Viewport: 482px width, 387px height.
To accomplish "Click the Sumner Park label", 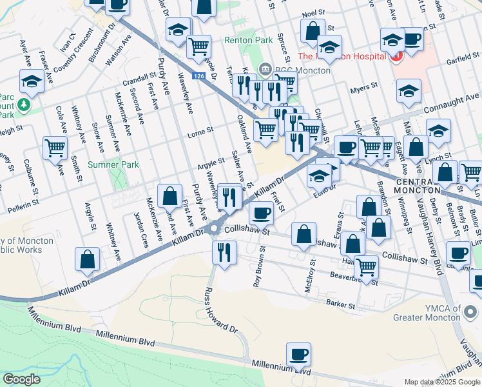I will (113, 165).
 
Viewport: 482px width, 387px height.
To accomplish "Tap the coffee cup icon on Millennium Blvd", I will (298, 355).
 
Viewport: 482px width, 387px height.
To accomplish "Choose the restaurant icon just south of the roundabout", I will (224, 252).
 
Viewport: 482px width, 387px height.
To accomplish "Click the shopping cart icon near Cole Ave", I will (55, 148).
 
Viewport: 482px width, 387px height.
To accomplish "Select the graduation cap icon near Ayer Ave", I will (30, 82).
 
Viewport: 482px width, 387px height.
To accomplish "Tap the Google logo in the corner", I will (22, 379).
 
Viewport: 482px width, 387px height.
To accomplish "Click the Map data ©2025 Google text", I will (442, 382).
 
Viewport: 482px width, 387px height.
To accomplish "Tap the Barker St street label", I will (341, 304).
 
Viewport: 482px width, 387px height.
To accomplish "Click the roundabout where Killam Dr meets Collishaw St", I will (214, 230).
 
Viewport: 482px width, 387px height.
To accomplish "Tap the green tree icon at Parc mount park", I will (24, 104).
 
